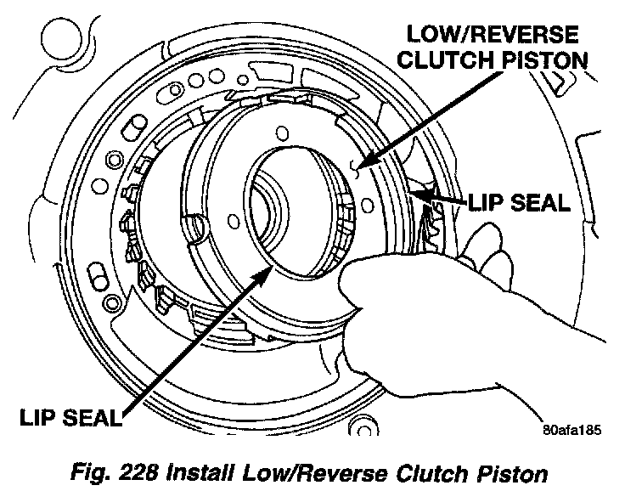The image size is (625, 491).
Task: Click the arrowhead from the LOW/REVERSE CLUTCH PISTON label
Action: (364, 166)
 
